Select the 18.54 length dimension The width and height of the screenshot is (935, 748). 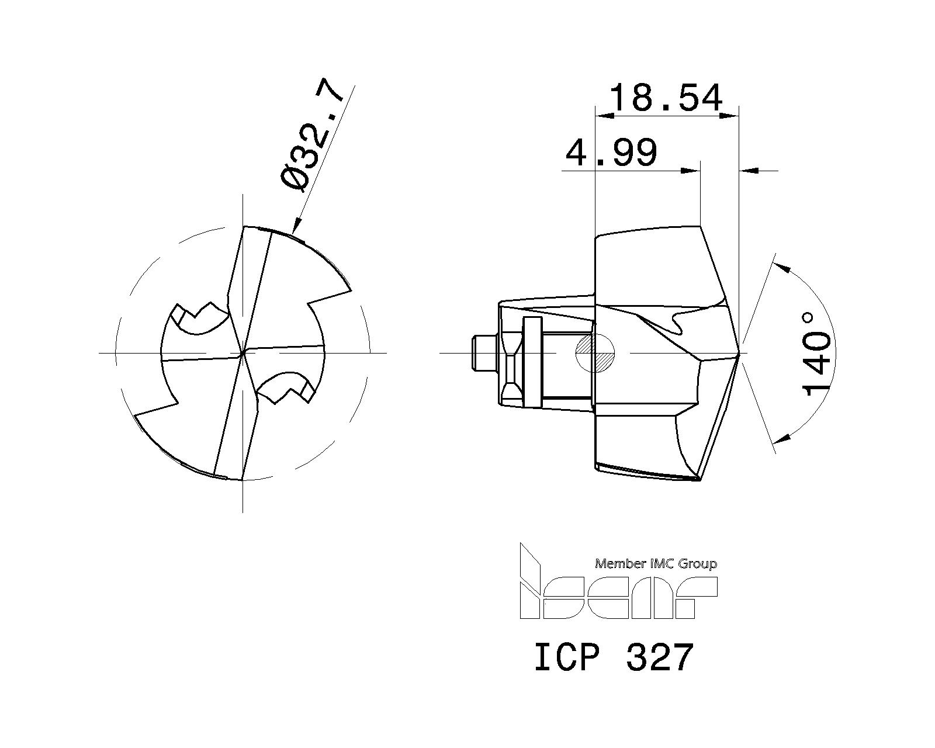[666, 98]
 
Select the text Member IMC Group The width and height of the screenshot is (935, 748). [656, 564]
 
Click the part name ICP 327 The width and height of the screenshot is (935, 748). [614, 657]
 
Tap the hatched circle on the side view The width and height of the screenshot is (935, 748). [595, 353]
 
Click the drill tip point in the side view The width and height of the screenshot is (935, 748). [739, 353]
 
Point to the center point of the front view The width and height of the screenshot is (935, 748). [243, 352]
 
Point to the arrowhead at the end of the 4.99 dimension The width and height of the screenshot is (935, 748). [692, 171]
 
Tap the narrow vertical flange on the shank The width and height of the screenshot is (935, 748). [532, 362]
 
